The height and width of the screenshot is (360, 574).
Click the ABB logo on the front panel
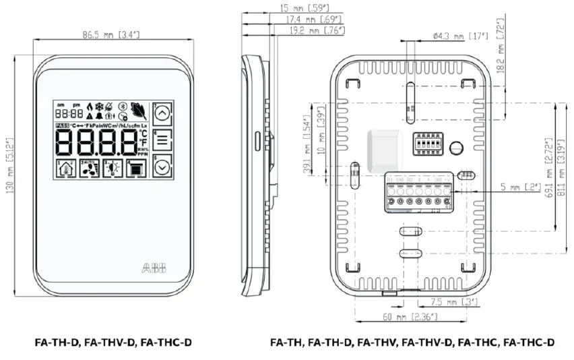click(x=154, y=268)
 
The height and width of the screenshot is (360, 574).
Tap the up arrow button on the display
click(x=162, y=114)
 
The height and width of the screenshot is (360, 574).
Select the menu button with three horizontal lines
click(x=162, y=142)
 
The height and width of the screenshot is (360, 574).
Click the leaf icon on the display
click(x=139, y=109)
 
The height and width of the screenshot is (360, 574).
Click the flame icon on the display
click(x=90, y=106)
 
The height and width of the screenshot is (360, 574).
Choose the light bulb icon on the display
click(x=112, y=170)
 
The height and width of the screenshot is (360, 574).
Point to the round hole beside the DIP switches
click(x=456, y=146)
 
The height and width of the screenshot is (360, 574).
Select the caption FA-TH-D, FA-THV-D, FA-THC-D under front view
click(x=113, y=342)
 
